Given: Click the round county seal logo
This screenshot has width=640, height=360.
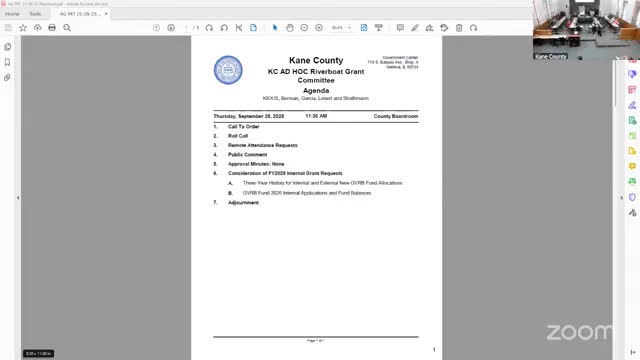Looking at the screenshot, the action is point(228,70).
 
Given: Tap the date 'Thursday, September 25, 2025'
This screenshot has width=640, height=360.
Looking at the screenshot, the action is point(249,116).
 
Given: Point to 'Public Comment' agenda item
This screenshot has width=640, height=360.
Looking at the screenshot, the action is point(248,155).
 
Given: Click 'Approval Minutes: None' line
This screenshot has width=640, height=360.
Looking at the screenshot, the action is point(256,164).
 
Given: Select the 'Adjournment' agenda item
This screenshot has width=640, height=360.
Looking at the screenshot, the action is point(243,202).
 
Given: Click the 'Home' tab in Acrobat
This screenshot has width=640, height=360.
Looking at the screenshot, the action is point(12,15).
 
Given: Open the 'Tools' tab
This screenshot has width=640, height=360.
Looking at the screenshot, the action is point(34,15).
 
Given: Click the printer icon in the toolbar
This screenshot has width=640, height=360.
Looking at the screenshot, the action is point(52,28).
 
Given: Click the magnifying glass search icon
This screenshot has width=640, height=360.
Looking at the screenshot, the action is point(67,28).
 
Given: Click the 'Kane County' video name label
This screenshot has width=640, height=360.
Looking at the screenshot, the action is point(549,57).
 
